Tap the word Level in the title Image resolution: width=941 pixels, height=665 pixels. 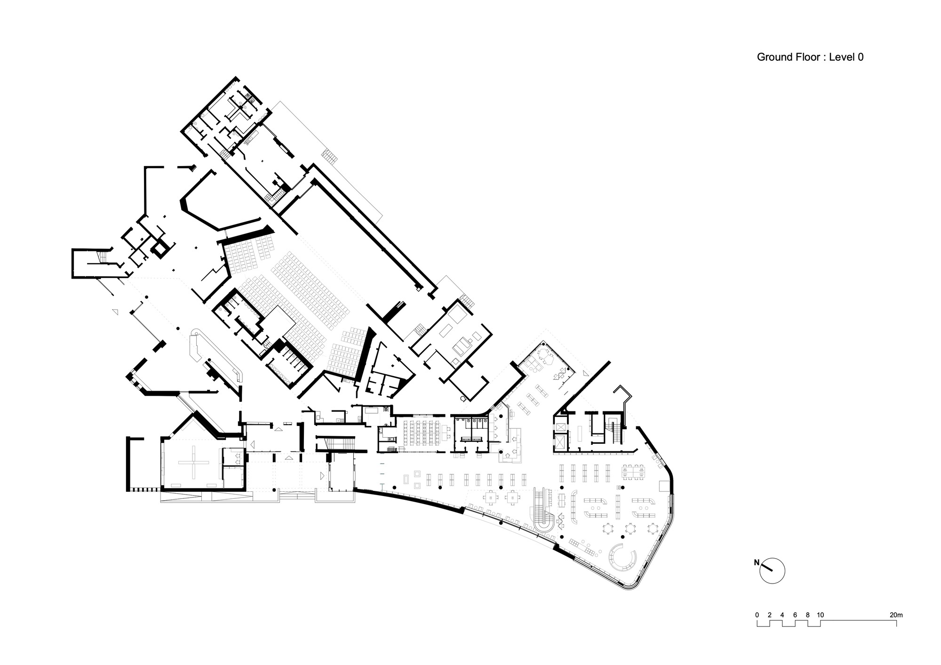[x=840, y=57]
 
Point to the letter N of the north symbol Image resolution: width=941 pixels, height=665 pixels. [x=757, y=562]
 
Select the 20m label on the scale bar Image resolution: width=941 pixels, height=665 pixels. [x=896, y=615]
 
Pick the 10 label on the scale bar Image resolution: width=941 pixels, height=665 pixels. [x=820, y=615]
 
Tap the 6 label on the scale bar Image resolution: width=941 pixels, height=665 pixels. [x=795, y=615]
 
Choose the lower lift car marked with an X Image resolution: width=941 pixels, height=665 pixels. [x=560, y=443]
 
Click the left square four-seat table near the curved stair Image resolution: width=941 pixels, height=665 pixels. [x=491, y=497]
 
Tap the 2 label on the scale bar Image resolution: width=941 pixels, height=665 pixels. [x=769, y=615]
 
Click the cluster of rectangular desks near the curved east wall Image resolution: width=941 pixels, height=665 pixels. [x=634, y=472]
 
